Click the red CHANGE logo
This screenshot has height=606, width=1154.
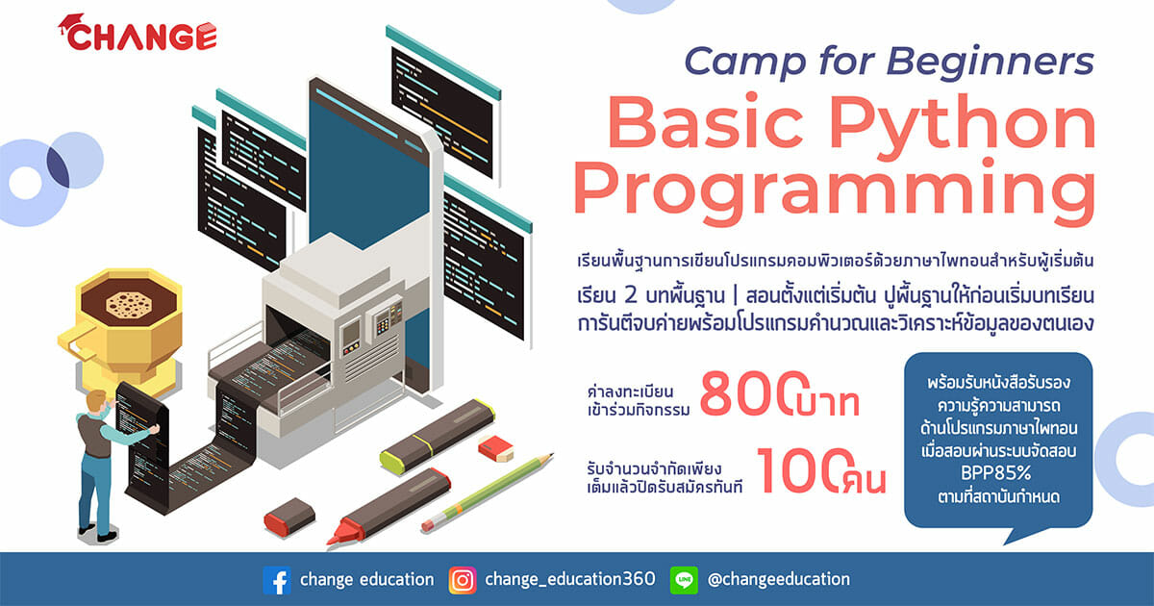tap(138, 33)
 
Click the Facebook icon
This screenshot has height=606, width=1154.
tap(277, 580)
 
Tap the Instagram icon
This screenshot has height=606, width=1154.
tap(463, 580)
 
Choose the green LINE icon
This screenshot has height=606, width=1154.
tap(684, 580)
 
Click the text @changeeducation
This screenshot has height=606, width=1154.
tap(779, 579)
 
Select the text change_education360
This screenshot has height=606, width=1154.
tap(569, 579)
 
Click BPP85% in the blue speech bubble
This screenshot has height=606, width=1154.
tap(996, 473)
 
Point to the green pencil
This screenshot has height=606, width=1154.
tap(487, 492)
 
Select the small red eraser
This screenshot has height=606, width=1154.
tap(495, 448)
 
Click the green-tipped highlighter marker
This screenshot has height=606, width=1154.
tap(438, 436)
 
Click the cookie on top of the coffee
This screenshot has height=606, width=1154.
tap(129, 305)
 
